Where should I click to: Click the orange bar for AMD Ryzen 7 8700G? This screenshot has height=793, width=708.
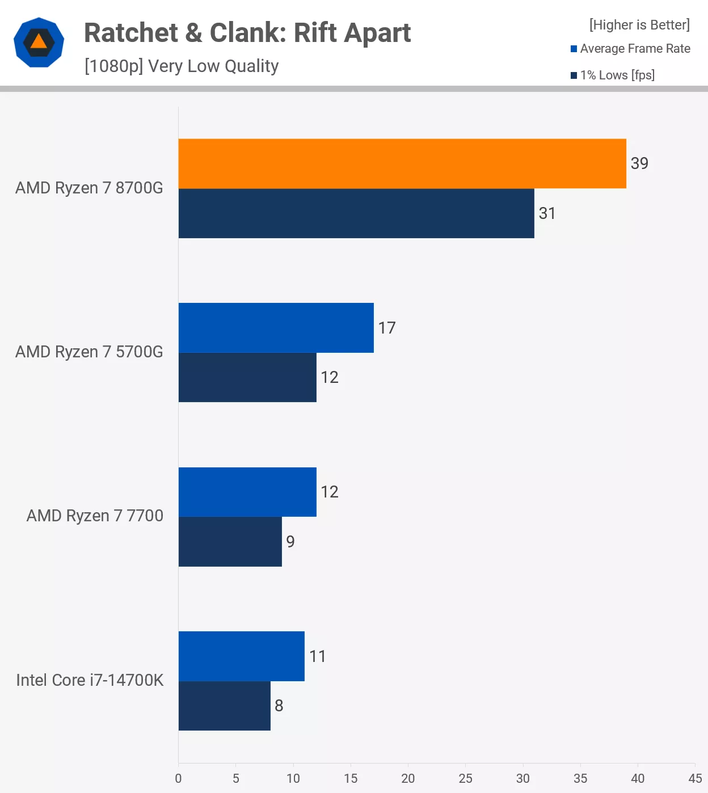click(402, 163)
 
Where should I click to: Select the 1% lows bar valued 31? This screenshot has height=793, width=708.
click(356, 213)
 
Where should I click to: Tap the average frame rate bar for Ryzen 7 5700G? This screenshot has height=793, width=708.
click(276, 328)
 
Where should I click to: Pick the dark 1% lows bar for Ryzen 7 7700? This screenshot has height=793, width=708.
click(230, 542)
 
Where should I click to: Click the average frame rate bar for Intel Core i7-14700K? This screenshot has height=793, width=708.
click(241, 656)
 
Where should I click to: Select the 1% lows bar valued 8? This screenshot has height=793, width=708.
click(224, 706)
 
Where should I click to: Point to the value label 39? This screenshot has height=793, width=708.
click(639, 163)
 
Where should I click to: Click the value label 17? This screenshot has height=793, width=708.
click(387, 328)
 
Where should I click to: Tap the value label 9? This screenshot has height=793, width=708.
click(290, 542)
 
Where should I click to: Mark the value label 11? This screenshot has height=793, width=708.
click(318, 656)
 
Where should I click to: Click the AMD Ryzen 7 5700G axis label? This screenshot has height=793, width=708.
click(89, 352)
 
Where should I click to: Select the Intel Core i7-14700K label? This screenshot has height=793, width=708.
click(90, 680)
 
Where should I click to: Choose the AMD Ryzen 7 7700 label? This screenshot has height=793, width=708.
click(95, 516)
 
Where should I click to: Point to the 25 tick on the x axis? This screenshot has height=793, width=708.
click(465, 778)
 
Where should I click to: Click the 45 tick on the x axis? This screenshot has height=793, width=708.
click(695, 778)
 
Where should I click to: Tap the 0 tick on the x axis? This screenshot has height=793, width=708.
click(178, 778)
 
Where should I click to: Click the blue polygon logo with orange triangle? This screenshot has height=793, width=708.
click(39, 43)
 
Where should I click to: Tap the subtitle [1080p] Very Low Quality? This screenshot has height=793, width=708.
click(182, 66)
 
